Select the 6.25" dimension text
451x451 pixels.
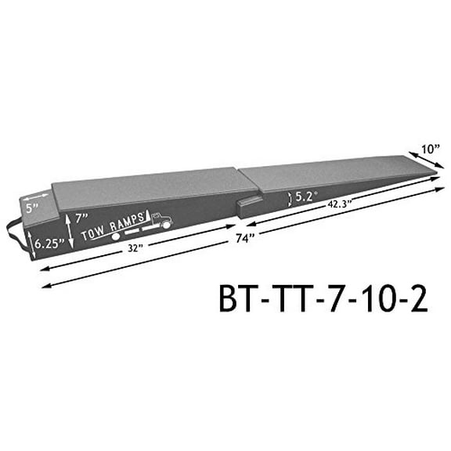[x=49, y=244]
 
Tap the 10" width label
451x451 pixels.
[x=430, y=146]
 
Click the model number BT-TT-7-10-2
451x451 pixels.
[x=324, y=301]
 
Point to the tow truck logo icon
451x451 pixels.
[x=161, y=222]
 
